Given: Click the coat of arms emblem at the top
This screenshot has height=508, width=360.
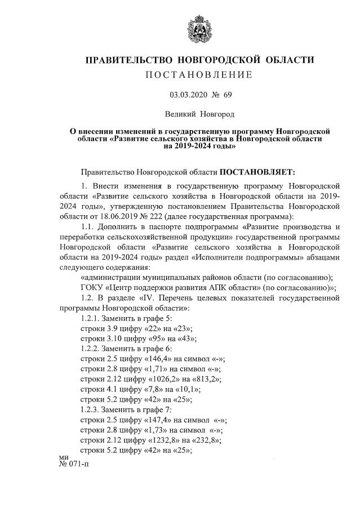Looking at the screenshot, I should (x=198, y=28).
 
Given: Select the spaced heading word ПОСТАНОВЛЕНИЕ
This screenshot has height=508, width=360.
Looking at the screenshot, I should (x=198, y=75).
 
